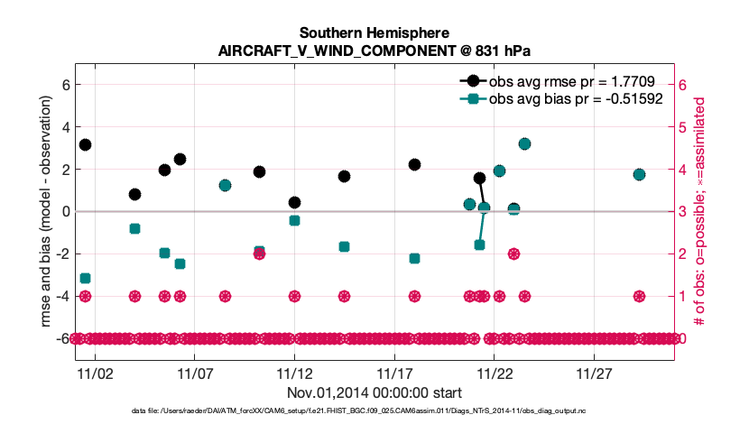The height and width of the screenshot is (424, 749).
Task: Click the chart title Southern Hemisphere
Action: click(374, 33)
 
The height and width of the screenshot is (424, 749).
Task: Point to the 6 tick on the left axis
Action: click(64, 85)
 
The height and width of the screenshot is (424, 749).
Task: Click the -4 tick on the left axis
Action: click(61, 296)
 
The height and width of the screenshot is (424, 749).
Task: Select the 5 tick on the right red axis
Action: click(683, 127)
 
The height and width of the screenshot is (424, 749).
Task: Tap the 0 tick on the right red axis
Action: click(683, 338)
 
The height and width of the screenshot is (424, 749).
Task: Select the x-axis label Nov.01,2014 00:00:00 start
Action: click(374, 392)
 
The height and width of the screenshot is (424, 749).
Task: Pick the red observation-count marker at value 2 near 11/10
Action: click(259, 253)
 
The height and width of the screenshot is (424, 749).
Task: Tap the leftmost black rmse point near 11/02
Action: click(85, 144)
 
